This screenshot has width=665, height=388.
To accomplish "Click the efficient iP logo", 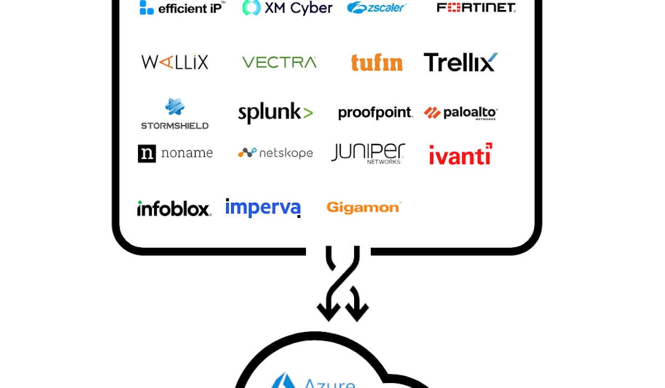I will pos(182,8).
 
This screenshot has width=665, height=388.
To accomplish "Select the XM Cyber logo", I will pos(287,8).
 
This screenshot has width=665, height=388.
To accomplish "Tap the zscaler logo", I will pos(376,7).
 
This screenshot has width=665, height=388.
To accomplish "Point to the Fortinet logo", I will pos(476,7).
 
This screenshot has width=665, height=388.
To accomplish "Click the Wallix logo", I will pos(175,62).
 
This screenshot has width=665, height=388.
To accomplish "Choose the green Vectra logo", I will pos(279,62).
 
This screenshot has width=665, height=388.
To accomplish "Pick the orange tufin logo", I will pos(377,63).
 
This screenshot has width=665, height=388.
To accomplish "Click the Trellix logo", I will pos(461,62).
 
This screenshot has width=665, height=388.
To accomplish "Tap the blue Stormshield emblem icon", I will pos(175,106).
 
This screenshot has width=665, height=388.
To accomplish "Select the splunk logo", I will pos(275,113).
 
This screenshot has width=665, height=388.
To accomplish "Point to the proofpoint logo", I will pos(375,113).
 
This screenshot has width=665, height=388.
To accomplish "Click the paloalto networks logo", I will pos(461,113).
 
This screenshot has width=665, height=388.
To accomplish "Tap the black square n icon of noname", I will pos(147,154).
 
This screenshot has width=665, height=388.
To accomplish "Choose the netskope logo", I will pos(275,153).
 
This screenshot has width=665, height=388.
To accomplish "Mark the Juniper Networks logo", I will pos(368,153).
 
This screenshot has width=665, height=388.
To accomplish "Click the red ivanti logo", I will pos(461,155).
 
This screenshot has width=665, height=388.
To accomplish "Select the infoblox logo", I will pos(174,208).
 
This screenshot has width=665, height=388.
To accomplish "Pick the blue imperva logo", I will pos(263,208).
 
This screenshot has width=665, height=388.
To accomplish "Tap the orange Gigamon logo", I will pos(363,207).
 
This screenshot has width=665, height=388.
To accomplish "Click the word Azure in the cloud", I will pos(329,382).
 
